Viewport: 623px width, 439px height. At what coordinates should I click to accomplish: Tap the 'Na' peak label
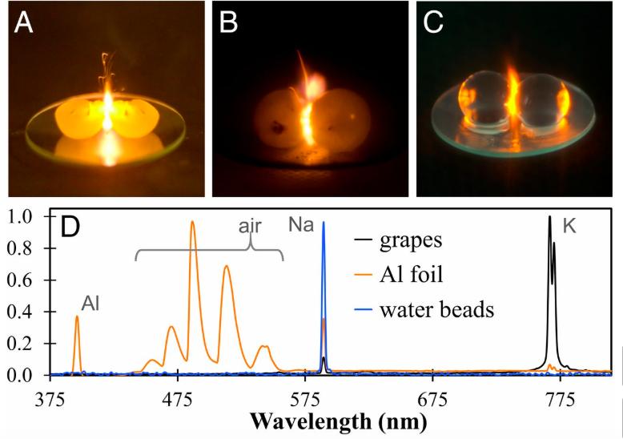pyautogui.click(x=302, y=227)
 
